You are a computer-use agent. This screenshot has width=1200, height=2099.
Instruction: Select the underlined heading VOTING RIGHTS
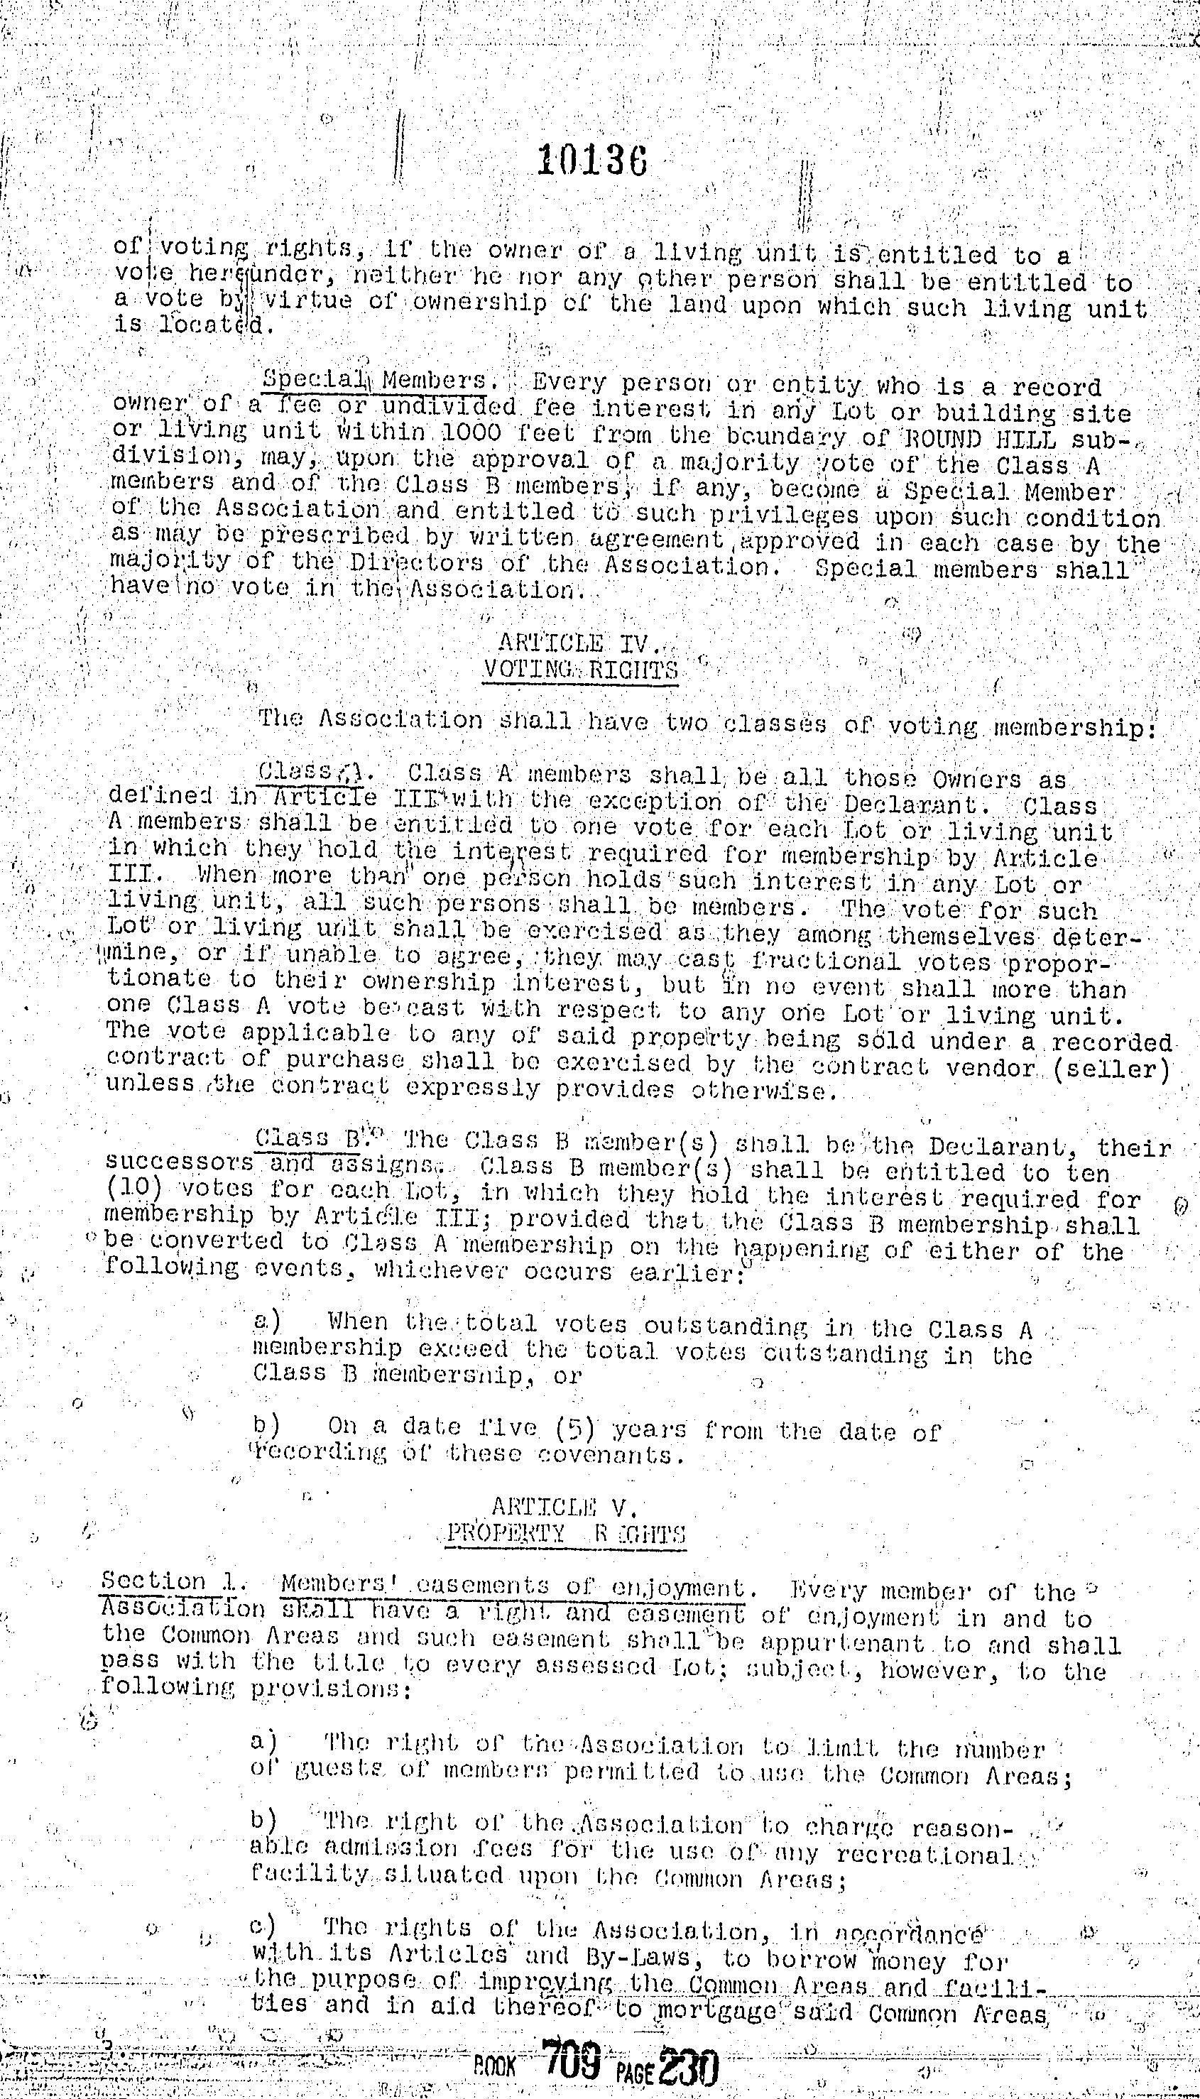[581, 669]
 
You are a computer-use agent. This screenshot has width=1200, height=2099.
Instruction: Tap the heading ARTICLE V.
[565, 1507]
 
